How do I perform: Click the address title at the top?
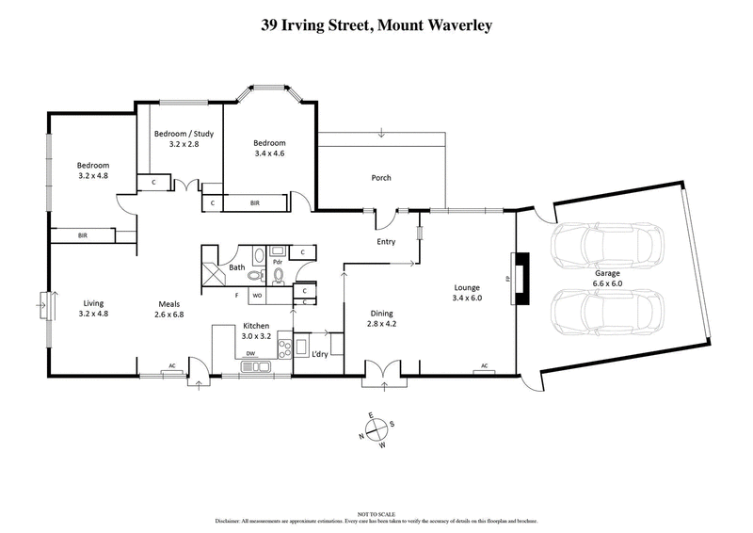pos(376,25)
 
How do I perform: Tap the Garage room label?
pos(632,272)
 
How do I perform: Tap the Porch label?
pos(381,177)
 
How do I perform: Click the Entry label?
pos(385,242)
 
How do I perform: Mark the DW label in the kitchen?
pos(251,354)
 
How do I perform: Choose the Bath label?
pos(238,268)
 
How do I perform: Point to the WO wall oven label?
pos(256,296)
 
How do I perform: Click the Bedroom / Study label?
pos(184,134)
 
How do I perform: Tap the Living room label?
pos(92,302)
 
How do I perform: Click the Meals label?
pos(169,302)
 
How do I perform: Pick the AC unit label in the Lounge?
pos(484,365)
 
